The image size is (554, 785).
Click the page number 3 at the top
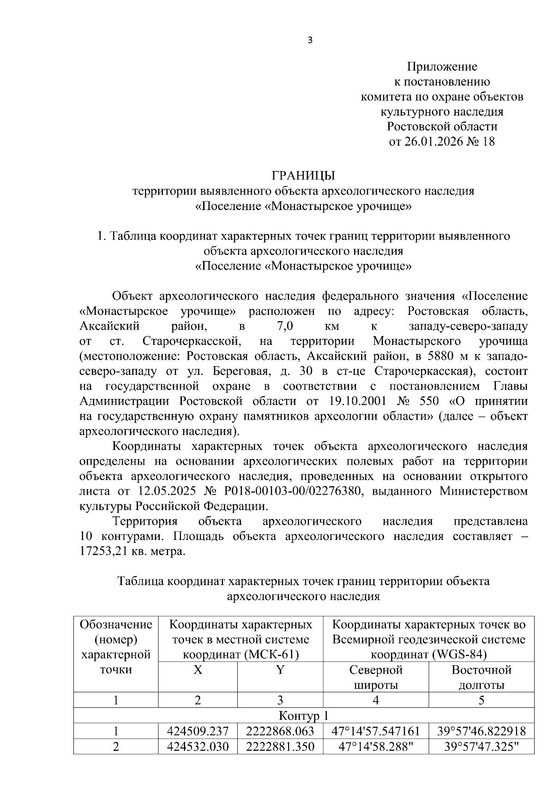pos(310,41)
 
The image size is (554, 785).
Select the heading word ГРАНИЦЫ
pos(303,176)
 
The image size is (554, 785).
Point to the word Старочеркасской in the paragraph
pos(192,341)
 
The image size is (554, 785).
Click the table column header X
pos(198,670)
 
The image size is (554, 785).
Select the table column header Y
pos(280,670)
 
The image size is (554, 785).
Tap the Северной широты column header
pos(376,677)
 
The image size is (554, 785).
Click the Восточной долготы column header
pos(481,677)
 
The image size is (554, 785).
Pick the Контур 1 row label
pos(303,716)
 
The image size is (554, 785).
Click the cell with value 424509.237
pos(198,731)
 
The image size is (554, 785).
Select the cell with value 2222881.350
pos(280,746)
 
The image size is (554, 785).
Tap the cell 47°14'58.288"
pos(376,746)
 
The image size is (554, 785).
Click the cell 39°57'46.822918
pos(481,731)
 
